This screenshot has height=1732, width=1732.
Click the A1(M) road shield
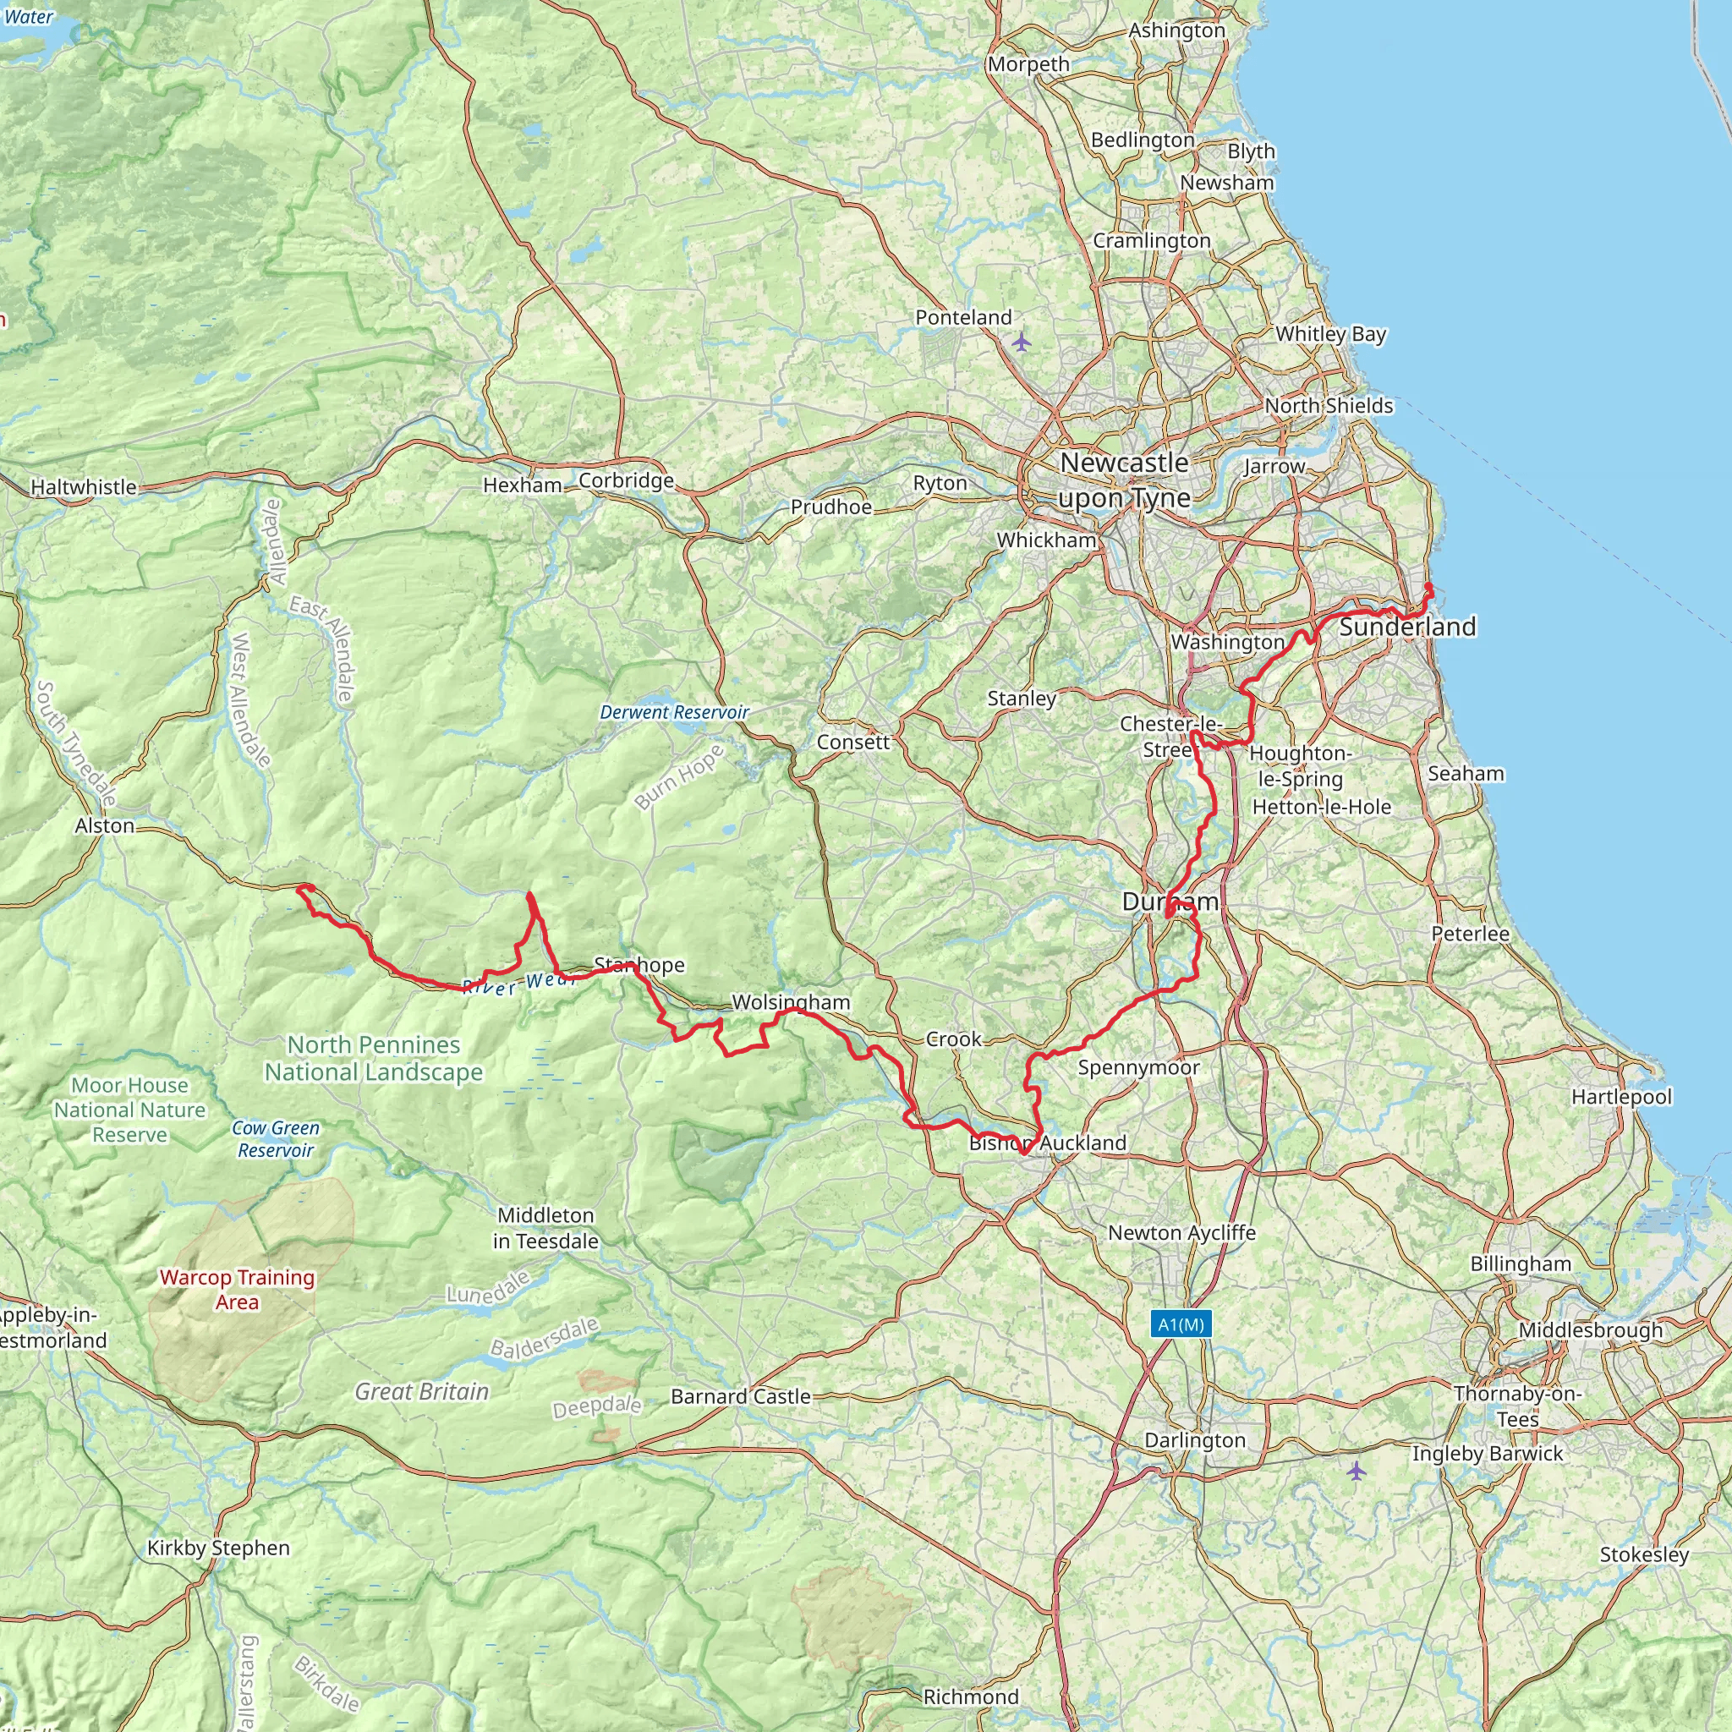(x=1181, y=1324)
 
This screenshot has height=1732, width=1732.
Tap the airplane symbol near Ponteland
(x=1021, y=342)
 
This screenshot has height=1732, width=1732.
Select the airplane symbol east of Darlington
(x=1356, y=1470)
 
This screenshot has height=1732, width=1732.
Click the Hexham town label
(x=523, y=485)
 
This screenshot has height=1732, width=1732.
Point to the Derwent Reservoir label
(x=674, y=712)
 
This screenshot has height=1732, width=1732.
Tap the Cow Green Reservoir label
(x=275, y=1138)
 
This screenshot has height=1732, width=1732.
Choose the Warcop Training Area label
(x=237, y=1289)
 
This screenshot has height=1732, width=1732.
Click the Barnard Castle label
(x=741, y=1395)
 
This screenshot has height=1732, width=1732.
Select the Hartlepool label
(x=1621, y=1096)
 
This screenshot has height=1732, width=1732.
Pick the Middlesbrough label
(x=1591, y=1329)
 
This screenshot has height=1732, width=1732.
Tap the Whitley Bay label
(x=1330, y=333)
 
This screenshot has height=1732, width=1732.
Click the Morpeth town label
(x=1028, y=64)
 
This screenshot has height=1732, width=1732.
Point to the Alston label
(x=105, y=825)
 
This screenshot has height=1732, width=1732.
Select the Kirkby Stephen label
(x=219, y=1548)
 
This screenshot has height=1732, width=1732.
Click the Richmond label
(x=971, y=1696)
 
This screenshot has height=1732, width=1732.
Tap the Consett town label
(x=852, y=743)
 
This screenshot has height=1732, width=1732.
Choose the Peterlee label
(x=1470, y=934)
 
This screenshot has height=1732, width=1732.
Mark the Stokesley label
(x=1644, y=1554)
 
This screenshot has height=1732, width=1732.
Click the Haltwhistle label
(x=84, y=487)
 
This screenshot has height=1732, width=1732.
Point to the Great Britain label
(x=422, y=1391)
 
